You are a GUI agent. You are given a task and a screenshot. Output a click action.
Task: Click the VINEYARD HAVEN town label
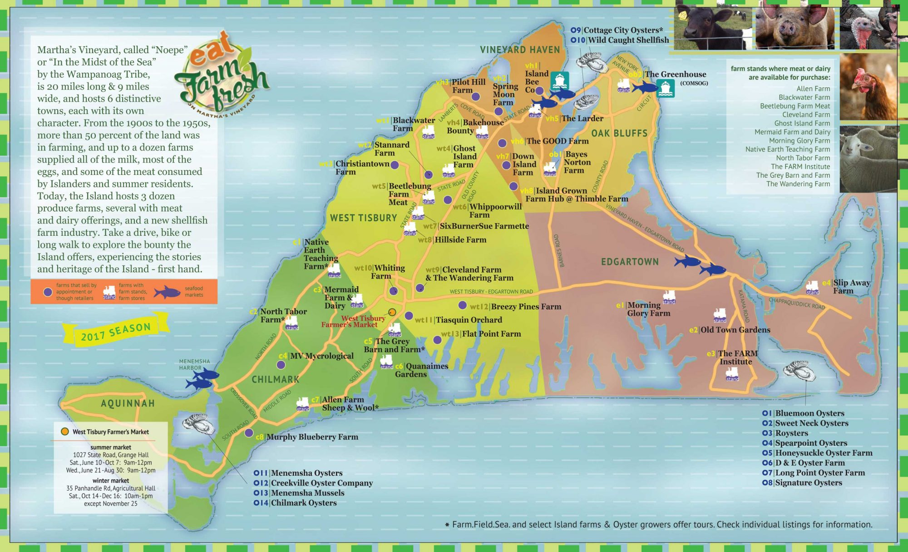click(x=520, y=50)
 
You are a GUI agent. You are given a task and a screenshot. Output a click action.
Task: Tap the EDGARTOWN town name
click(x=629, y=262)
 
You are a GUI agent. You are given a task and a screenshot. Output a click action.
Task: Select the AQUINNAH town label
click(x=128, y=403)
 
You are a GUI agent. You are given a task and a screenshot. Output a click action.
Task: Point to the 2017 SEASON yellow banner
click(x=116, y=332)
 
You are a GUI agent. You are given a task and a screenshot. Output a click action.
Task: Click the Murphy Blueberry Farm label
click(x=312, y=437)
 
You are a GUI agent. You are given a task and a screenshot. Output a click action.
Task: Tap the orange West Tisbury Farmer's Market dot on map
click(x=392, y=312)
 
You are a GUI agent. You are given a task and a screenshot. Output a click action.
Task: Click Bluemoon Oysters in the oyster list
click(x=809, y=413)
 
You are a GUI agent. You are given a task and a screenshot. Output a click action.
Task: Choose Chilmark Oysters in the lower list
click(x=303, y=503)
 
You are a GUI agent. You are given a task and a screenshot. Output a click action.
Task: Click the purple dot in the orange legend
click(x=48, y=292)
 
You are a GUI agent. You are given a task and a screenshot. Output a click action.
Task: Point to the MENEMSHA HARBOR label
click(x=194, y=364)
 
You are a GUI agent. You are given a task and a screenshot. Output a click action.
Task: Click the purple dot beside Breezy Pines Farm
click(x=463, y=305)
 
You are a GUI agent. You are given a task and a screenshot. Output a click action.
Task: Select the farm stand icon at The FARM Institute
click(x=732, y=374)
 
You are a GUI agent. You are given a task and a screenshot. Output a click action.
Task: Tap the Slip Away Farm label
click(x=851, y=287)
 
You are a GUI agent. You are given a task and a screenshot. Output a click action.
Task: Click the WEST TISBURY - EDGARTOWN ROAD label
click(x=491, y=292)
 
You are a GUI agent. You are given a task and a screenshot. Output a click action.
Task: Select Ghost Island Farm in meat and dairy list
click(x=802, y=123)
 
